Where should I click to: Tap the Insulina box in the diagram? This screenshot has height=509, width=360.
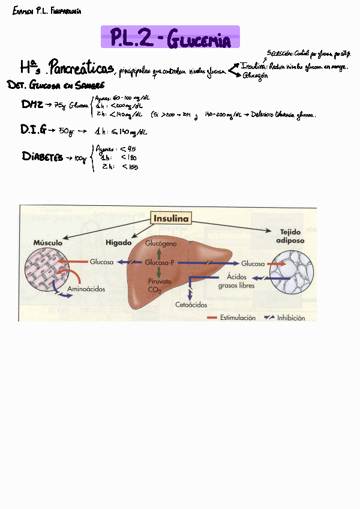pos(172,218)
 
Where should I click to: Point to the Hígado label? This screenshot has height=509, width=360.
pos(118,242)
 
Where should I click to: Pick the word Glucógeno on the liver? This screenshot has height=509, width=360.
pos(161,245)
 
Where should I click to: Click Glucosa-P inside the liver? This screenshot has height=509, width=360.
pos(160,263)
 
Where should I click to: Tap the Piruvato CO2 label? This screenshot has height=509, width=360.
pos(160,285)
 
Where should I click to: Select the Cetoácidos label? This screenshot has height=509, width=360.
pos(191,305)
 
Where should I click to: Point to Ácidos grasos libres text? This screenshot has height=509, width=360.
pos(236,281)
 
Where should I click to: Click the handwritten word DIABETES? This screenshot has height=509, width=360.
pos(43,157)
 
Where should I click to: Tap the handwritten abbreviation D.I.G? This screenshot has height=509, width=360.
pos(34,130)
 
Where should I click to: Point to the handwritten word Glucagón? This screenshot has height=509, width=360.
pos(255,76)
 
